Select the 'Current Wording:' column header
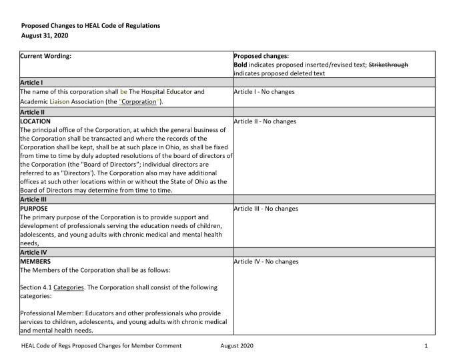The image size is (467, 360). click(x=45, y=57)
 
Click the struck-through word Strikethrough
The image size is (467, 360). click(x=388, y=65)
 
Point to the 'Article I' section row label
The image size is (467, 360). click(x=32, y=82)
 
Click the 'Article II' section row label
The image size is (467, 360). click(x=33, y=112)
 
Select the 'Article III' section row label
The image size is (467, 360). click(x=33, y=199)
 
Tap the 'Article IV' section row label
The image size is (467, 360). click(x=33, y=253)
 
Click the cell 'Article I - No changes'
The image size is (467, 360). click(x=264, y=91)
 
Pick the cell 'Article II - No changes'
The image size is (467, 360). click(x=265, y=121)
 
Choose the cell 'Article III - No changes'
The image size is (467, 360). click(x=266, y=209)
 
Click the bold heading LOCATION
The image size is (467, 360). click(x=36, y=121)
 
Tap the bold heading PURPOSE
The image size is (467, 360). click(x=35, y=209)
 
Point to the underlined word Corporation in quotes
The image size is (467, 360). click(x=138, y=101)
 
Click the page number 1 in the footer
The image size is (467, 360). click(x=425, y=347)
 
